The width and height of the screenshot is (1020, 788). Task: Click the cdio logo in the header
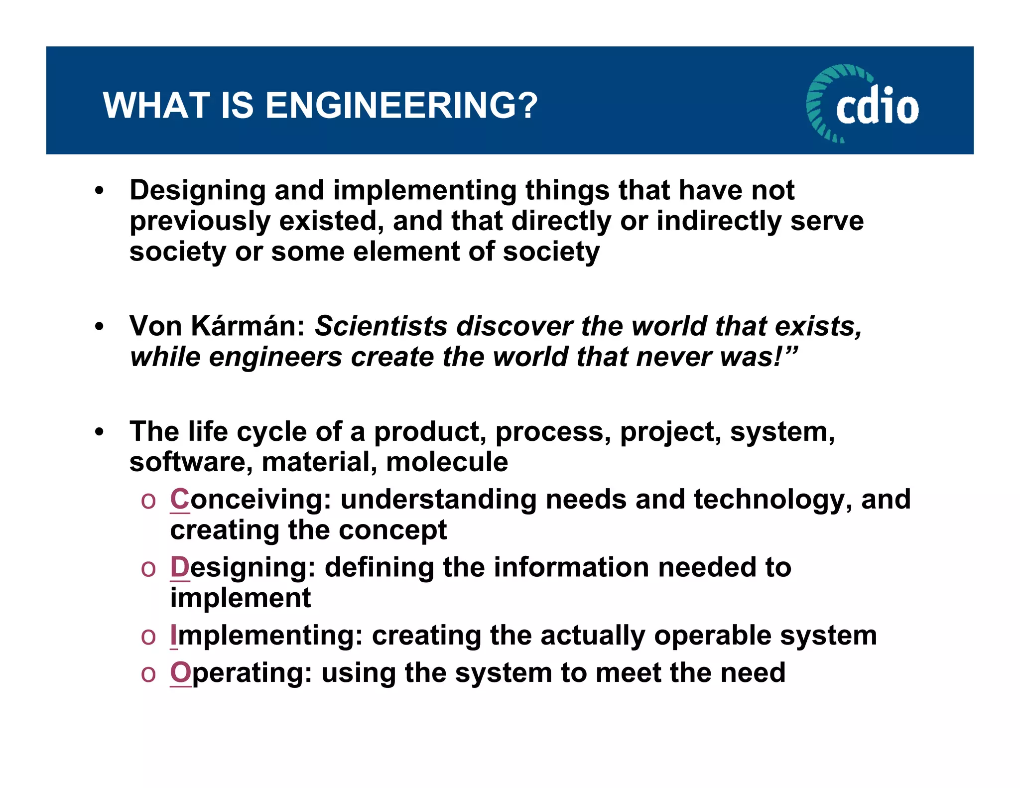coord(862,104)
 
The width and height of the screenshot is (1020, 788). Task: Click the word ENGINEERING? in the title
coord(401,106)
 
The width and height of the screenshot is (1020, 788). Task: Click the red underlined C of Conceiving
coord(179,499)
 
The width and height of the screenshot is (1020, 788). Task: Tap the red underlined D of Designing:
coord(179,567)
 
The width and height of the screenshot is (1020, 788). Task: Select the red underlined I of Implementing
coord(173,635)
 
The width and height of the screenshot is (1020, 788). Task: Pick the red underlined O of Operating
coord(180,672)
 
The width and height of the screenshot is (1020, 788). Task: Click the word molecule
coord(447,462)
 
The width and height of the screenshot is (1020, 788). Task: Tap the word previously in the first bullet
coord(199,222)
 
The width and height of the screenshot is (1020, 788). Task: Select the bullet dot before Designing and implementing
coord(100,191)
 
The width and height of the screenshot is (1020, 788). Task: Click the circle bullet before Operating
coord(148,674)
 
